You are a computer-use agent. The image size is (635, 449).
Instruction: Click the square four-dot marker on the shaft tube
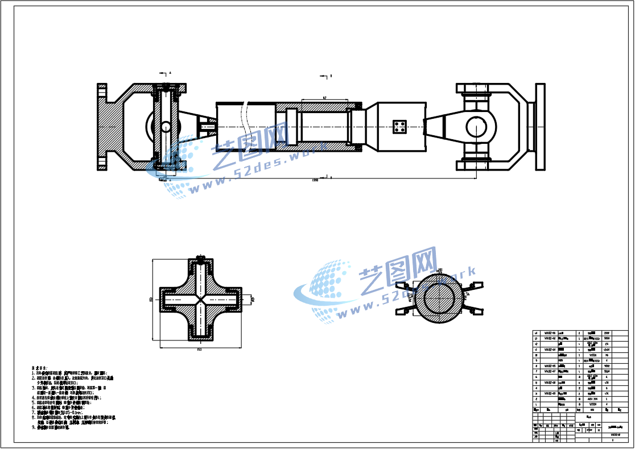click(401, 127)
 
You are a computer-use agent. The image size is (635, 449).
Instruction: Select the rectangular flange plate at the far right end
click(540, 127)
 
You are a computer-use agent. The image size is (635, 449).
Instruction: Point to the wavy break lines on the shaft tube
click(245, 126)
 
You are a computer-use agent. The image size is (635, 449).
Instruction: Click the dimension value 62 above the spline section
click(324, 98)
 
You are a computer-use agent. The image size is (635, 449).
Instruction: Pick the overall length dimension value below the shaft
click(315, 180)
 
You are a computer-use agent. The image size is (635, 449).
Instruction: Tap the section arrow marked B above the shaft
click(325, 75)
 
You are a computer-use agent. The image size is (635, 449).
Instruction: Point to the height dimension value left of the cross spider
click(151, 299)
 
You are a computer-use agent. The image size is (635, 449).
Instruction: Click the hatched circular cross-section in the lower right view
click(439, 298)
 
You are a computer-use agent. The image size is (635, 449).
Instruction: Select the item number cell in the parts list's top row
click(535, 333)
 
